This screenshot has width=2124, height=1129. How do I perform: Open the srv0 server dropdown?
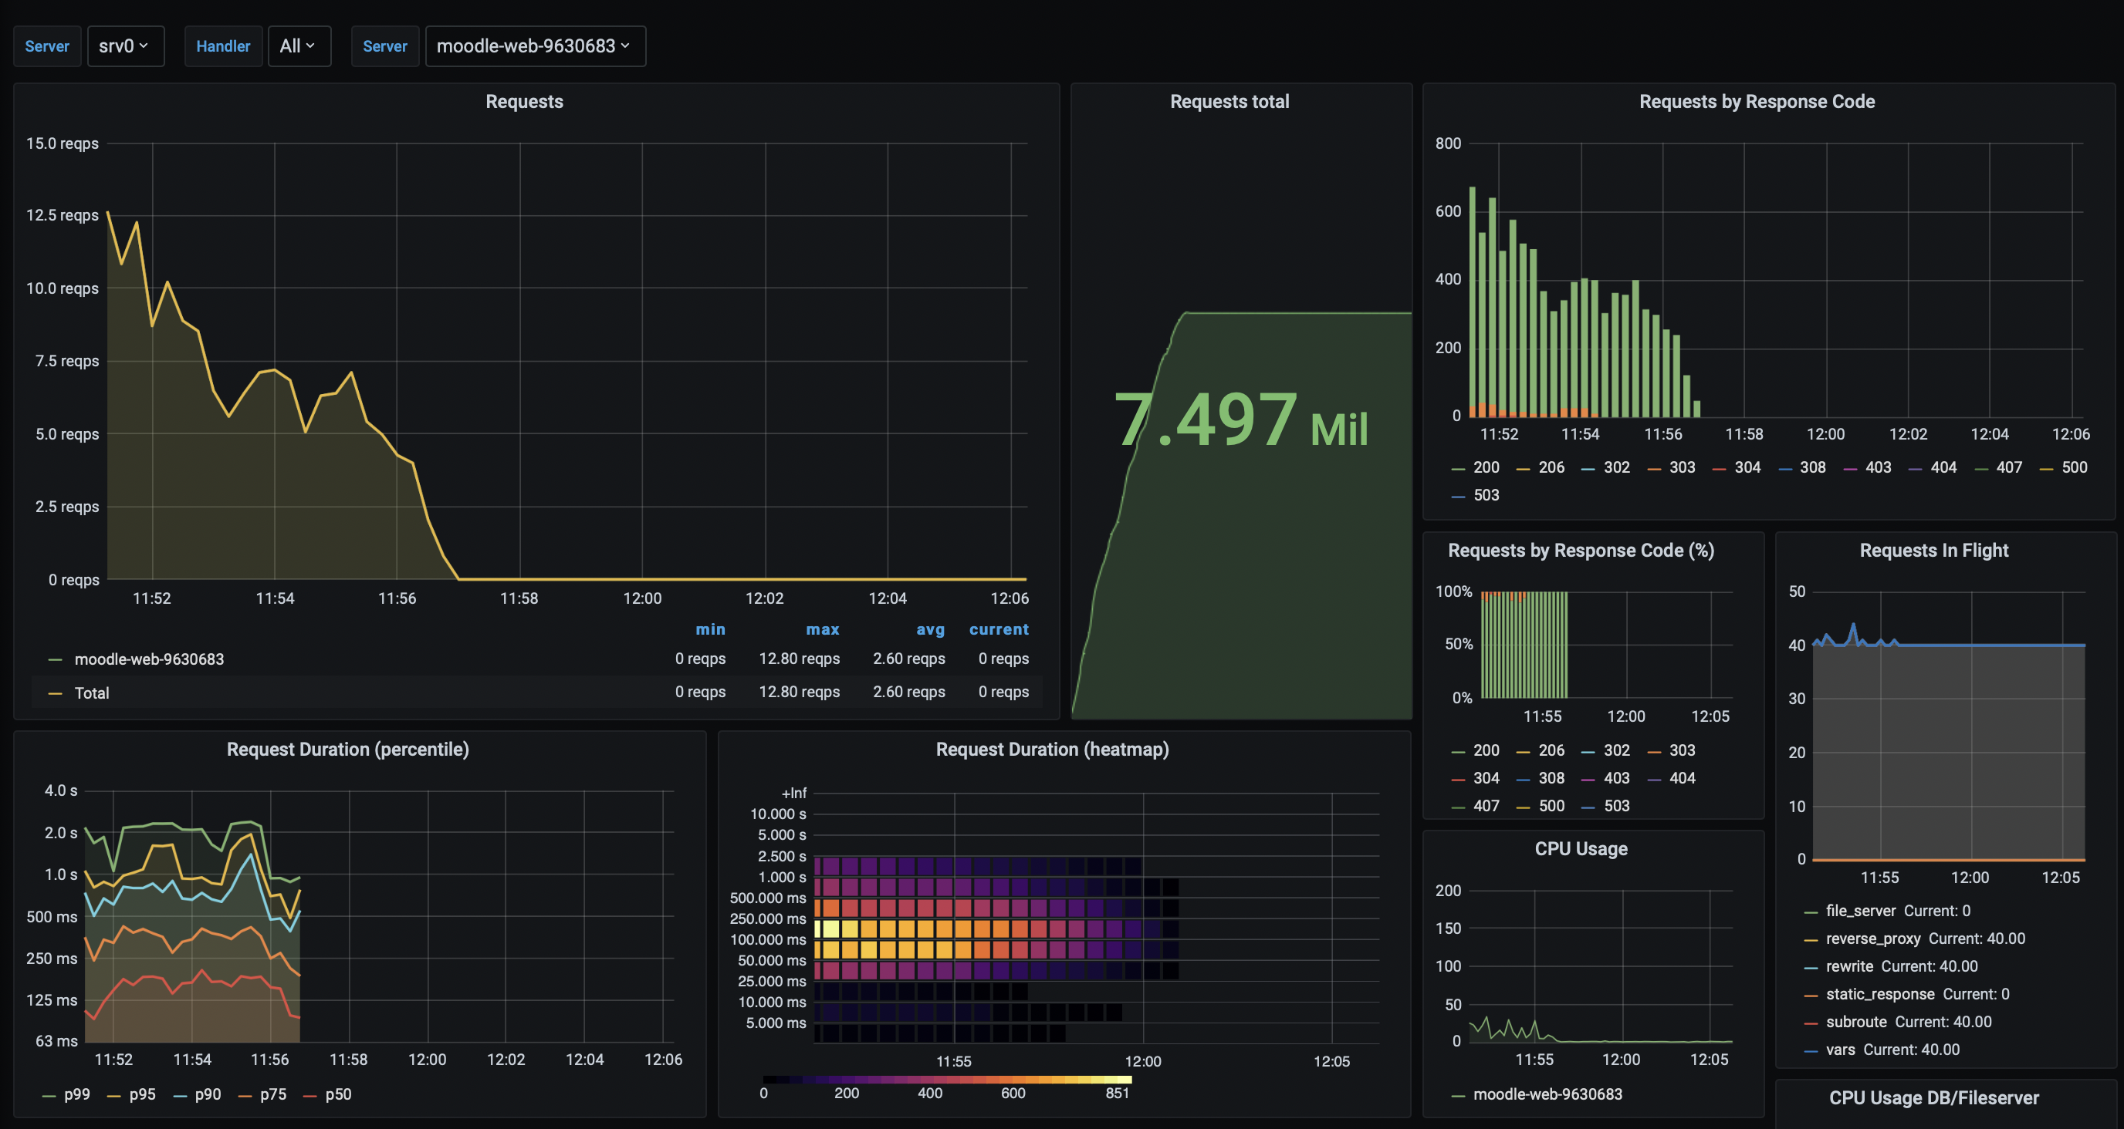124,46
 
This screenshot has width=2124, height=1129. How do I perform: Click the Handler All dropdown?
299,46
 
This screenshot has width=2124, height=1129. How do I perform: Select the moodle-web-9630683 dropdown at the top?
534,46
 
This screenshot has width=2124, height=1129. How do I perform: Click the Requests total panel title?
1229,101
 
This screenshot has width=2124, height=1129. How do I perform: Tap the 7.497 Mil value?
1240,421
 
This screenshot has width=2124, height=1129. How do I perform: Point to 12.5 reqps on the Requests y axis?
62,215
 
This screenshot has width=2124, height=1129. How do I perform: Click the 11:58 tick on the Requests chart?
519,598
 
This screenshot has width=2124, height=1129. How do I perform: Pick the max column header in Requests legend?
822,629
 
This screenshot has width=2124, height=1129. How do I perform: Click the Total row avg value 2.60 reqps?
908,693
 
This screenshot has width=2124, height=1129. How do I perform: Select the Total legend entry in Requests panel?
92,693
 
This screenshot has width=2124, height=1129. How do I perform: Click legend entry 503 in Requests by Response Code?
1486,495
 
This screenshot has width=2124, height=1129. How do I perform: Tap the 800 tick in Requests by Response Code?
1447,143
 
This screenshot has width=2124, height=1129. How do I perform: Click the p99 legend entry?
76,1094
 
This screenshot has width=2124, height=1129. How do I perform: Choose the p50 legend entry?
338,1094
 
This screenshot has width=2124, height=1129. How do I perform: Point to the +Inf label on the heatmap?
793,793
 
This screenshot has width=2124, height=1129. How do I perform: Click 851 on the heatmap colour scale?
1118,1093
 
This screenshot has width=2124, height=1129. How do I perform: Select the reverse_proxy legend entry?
1872,939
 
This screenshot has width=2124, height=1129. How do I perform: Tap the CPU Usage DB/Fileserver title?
1933,1097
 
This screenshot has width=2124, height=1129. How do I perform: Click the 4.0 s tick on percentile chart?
61,790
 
